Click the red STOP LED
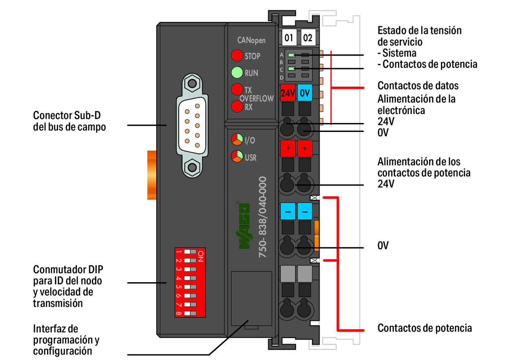237,56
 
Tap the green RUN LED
237,73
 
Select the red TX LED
237,90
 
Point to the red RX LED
237,106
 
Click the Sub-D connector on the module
191,124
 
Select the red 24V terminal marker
288,92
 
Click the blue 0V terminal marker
305,92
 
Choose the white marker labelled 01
289,38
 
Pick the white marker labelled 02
308,38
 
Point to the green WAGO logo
245,226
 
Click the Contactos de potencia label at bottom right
424,328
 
